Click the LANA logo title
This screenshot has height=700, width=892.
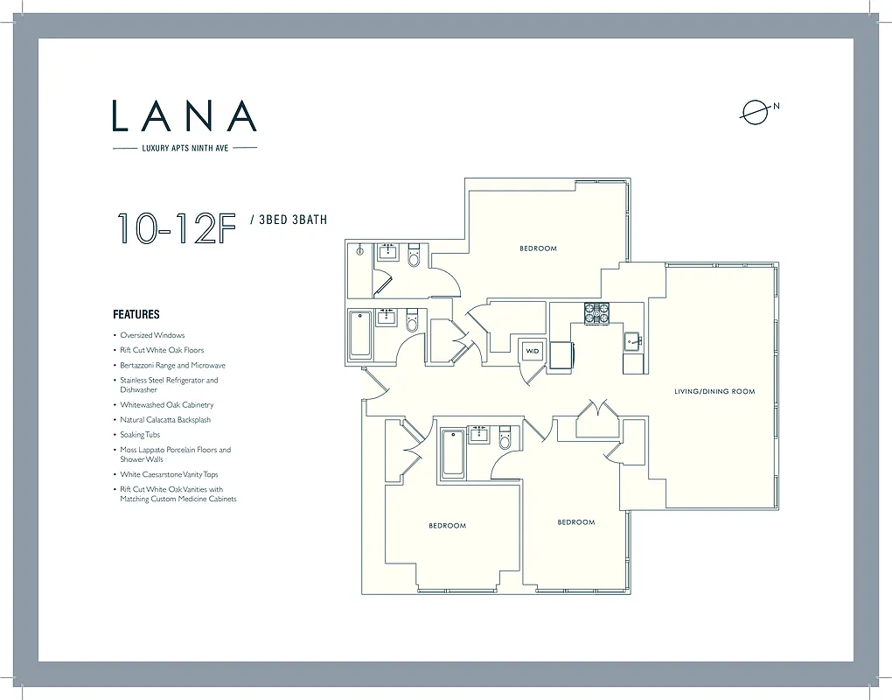[185, 116]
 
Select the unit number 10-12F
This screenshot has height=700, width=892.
[178, 227]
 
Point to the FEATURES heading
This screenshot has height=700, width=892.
[136, 314]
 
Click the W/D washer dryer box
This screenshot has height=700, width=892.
[532, 351]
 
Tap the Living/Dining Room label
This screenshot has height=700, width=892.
[714, 391]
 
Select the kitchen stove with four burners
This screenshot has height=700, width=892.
[597, 313]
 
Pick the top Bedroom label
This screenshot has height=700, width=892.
[538, 248]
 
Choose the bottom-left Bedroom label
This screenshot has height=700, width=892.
[447, 526]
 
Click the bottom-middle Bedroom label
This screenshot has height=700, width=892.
[576, 522]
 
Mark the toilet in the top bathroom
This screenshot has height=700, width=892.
[415, 255]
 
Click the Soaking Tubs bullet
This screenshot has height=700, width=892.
[140, 435]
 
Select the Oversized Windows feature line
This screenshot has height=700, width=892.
[152, 335]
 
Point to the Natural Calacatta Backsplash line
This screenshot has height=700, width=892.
[165, 420]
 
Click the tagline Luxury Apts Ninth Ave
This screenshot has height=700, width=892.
[185, 148]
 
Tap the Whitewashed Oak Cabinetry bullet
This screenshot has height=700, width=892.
[166, 405]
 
